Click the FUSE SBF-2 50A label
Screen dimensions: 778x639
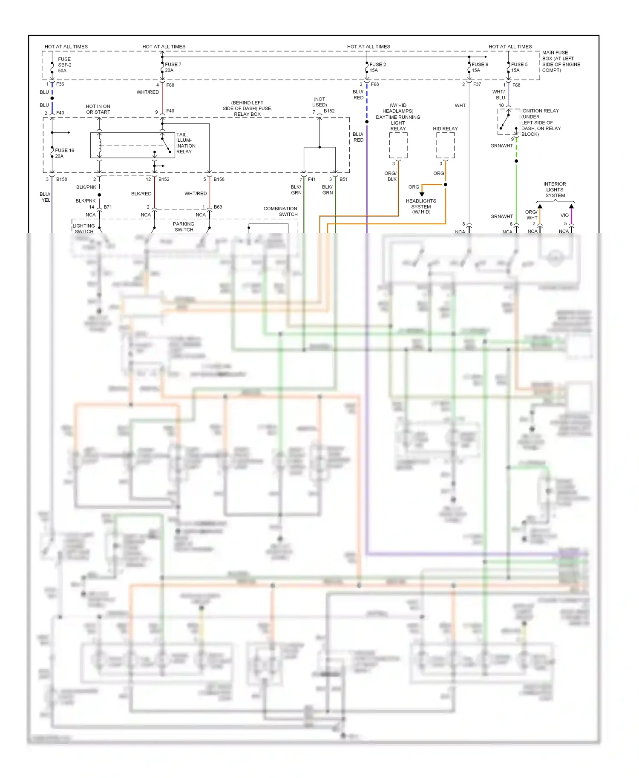(64, 65)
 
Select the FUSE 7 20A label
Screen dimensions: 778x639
(173, 67)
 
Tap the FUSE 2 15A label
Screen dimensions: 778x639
(377, 67)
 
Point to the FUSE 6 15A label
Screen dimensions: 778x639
(480, 67)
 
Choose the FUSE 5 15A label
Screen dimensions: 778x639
(519, 67)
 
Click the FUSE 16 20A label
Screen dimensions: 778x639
(64, 153)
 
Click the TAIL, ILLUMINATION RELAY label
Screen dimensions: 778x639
(186, 143)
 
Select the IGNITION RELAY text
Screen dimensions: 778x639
(540, 111)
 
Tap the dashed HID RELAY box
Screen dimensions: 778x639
(445, 146)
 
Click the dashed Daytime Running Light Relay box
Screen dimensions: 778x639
(398, 146)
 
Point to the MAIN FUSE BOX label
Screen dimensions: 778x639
(561, 61)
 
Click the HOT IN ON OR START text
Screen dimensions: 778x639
(98, 109)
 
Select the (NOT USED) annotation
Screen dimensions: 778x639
(319, 102)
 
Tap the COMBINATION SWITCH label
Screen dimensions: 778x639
(280, 212)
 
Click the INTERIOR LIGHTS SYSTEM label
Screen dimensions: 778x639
(555, 190)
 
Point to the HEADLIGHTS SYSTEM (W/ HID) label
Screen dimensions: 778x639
(421, 206)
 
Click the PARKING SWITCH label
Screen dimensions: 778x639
(184, 227)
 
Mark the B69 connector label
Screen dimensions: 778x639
(218, 207)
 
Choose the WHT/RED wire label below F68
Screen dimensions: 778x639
(147, 92)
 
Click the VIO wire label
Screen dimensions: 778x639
(564, 215)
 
